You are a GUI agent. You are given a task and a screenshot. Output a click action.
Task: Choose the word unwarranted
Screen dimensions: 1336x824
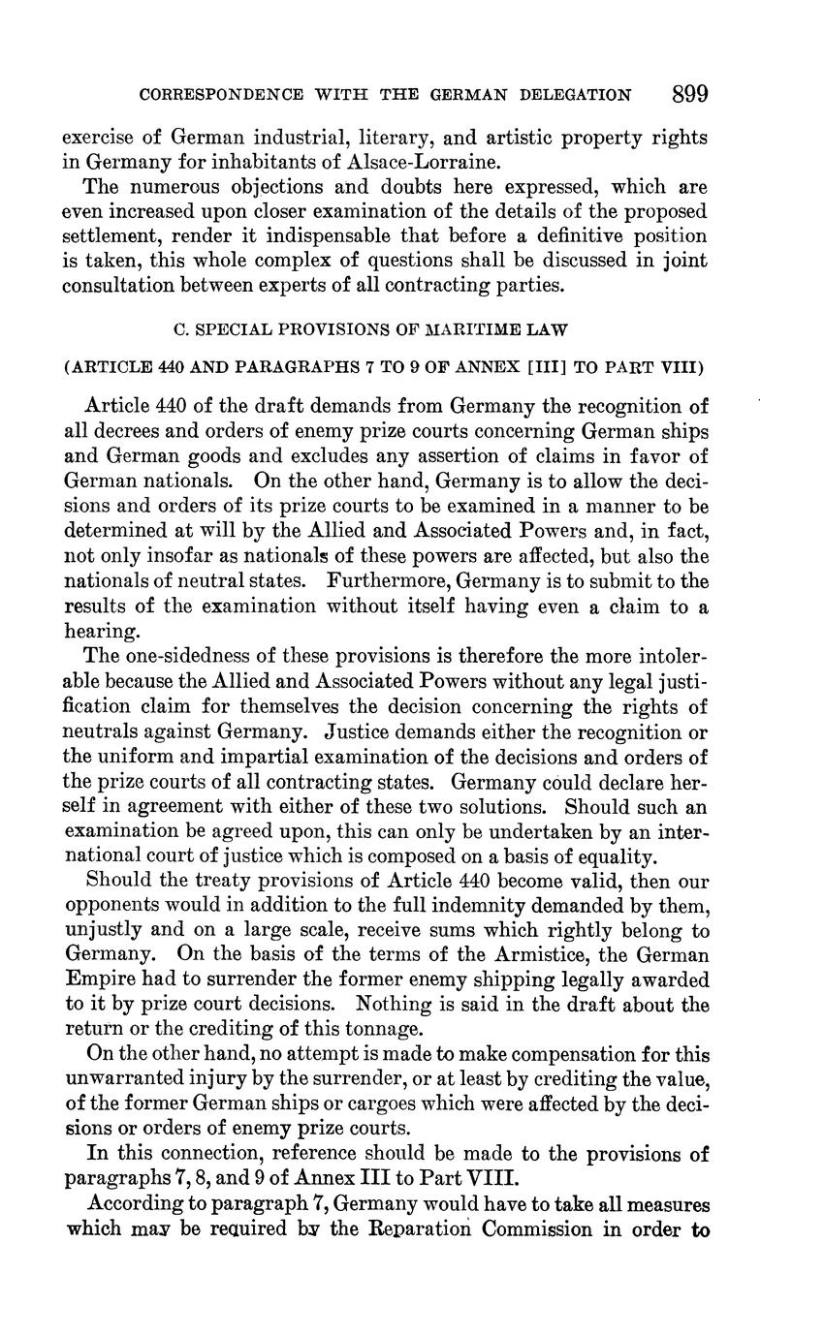(129, 1079)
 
